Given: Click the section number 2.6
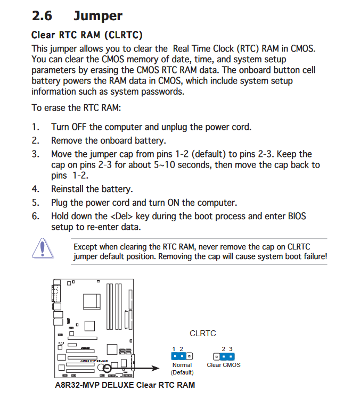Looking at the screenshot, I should (43, 16).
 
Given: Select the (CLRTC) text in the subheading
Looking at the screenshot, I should (124, 35).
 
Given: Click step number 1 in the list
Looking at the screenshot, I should (35, 127).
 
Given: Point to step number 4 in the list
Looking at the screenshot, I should (35, 189).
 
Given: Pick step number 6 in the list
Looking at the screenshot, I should (35, 216).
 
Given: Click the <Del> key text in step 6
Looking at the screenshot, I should (122, 216).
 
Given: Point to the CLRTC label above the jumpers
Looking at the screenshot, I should (203, 334).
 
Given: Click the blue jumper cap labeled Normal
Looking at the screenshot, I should (178, 356).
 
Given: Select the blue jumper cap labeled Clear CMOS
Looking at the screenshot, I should (227, 356).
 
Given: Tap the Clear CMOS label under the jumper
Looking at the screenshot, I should (224, 365).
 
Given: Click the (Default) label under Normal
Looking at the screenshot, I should (182, 372).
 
